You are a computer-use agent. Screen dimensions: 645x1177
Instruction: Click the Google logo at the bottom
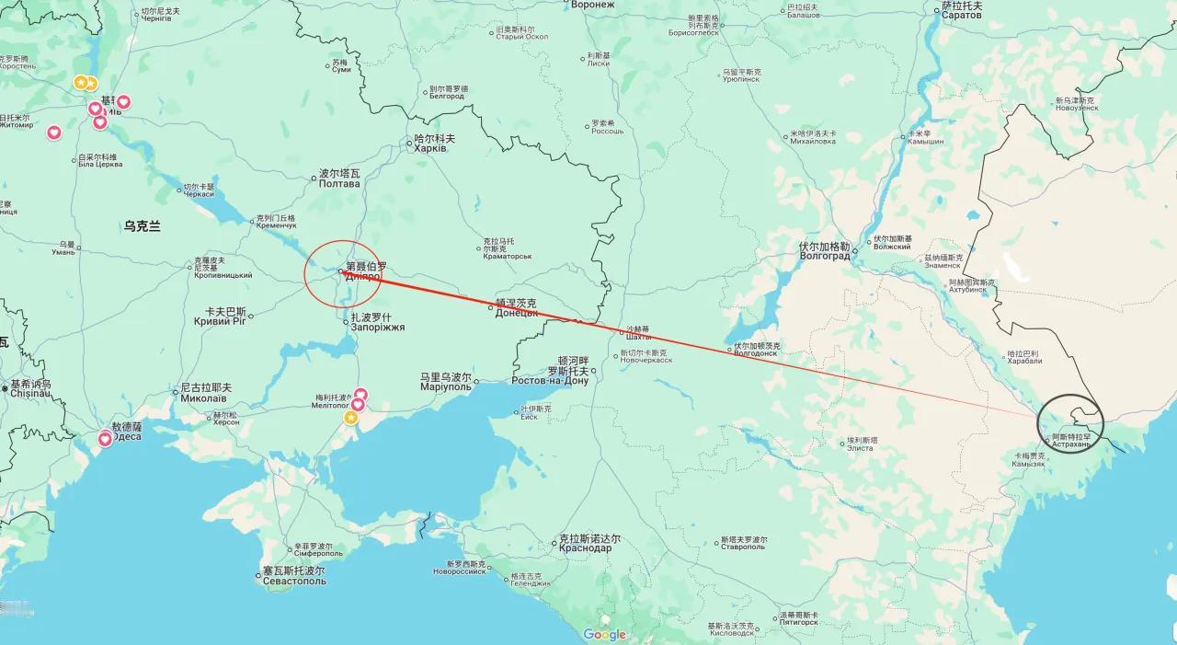point(604,634)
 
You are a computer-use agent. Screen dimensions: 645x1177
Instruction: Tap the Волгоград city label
point(825,257)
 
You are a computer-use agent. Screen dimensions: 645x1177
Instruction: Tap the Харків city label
point(429,148)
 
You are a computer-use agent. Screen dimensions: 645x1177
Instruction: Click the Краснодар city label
point(585,548)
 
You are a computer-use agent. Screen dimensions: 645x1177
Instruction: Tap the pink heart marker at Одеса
point(105,440)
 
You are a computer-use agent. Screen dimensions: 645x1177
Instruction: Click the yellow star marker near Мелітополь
point(351,419)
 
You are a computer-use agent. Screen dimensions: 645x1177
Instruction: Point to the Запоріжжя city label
point(377,328)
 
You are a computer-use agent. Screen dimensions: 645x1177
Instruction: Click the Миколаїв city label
point(206,398)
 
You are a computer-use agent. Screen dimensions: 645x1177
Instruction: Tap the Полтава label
point(339,184)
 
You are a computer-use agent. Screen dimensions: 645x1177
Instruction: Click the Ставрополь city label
point(743,547)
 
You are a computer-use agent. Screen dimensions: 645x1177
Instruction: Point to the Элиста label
point(859,447)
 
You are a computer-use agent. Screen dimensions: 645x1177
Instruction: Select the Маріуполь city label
point(446,387)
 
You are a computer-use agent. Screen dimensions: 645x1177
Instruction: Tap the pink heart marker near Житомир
point(54,132)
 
